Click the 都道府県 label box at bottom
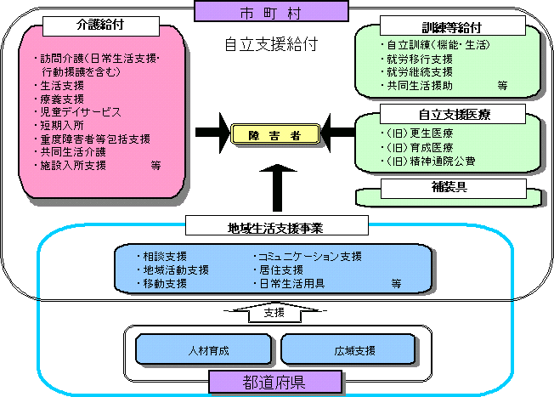(275, 383)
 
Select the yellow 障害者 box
(275, 133)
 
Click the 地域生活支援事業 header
(275, 226)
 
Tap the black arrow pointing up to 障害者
(275, 185)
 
